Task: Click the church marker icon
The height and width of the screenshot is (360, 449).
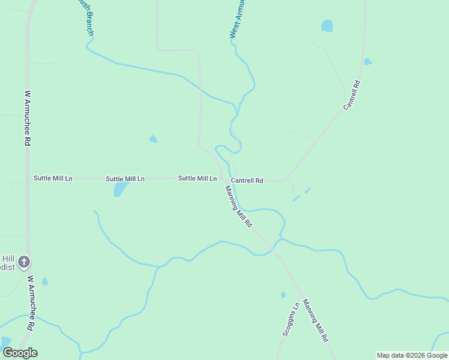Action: pos(23,262)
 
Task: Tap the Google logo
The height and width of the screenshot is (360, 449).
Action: pos(20,353)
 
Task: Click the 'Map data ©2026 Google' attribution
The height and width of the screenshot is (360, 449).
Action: pos(412,355)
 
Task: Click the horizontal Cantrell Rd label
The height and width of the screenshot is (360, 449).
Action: pos(247,180)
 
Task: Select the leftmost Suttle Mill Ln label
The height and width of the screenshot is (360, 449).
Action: pos(53,178)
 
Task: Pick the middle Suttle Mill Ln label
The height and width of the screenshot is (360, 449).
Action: pos(125,179)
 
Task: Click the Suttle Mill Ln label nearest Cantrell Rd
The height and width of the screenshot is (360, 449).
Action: pos(197,178)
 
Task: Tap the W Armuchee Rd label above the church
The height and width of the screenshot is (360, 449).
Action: pos(28,118)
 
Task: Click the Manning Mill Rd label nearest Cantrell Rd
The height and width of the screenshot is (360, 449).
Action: pos(238,206)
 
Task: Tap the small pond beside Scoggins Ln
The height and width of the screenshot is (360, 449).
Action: pos(283,295)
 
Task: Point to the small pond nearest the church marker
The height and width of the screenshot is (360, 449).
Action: pos(44,281)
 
